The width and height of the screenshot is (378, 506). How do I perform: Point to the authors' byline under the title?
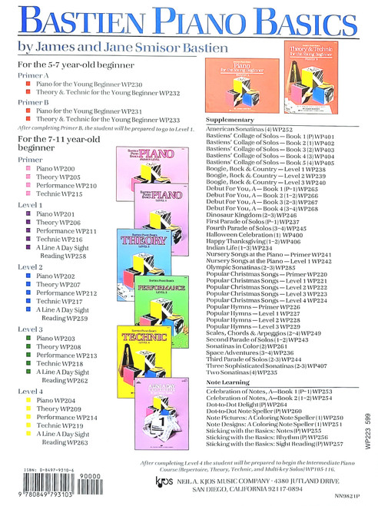tap(120, 48)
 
